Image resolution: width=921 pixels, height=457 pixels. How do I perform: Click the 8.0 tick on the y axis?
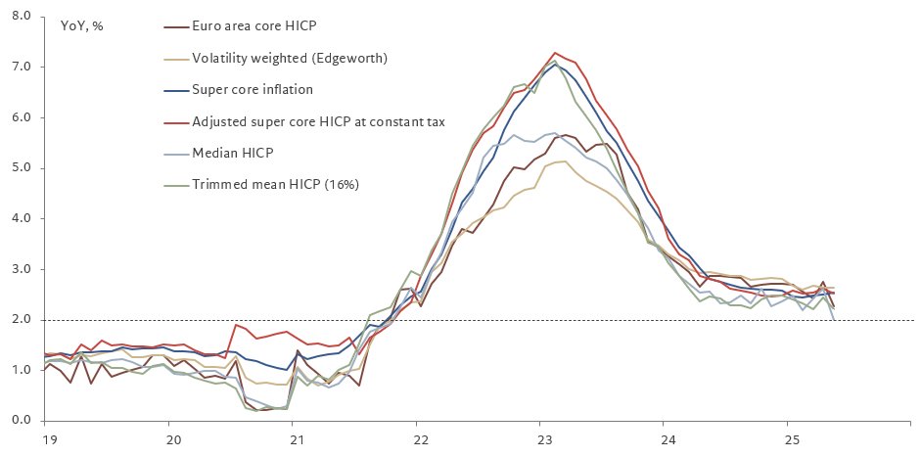23,17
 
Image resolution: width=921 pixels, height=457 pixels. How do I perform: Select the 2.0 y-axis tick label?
23,319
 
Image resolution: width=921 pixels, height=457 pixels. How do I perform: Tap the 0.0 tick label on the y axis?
23,421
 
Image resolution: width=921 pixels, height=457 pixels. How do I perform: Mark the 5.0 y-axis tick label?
23,168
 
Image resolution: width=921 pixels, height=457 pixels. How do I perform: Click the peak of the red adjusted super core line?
555,53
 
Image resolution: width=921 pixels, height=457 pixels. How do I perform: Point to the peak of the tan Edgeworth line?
564,161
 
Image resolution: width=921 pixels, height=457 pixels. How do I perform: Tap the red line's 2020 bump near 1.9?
236,324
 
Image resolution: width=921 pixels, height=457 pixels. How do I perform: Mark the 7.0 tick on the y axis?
23,67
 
